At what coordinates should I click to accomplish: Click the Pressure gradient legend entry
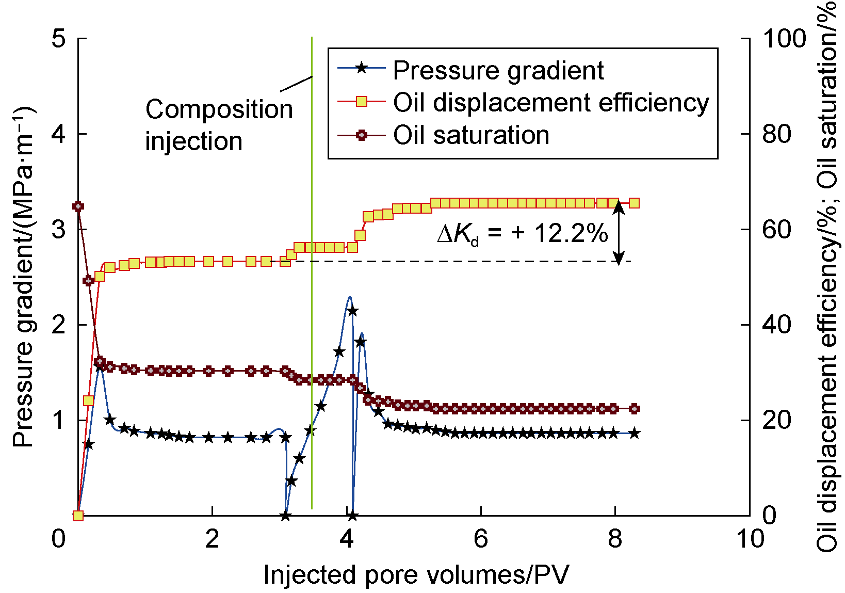[498, 70]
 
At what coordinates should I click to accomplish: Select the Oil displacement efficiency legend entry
[550, 102]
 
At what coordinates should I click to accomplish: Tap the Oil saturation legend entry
[470, 135]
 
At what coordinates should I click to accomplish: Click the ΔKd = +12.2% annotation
[523, 234]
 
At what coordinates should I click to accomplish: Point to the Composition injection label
[219, 125]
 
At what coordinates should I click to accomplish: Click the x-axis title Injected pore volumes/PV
[416, 575]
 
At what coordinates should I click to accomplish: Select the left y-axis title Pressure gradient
[23, 277]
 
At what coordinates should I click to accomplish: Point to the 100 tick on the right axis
[784, 39]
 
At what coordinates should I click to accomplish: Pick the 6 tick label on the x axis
[481, 539]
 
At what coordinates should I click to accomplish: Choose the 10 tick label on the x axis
[750, 539]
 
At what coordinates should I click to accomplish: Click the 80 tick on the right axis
[776, 134]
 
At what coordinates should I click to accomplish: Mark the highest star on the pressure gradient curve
[352, 311]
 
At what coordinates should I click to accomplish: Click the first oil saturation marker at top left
[78, 206]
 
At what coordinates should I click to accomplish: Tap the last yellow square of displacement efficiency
[635, 203]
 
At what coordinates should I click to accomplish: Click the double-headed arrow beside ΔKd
[619, 232]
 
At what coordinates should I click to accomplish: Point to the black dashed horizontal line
[464, 262]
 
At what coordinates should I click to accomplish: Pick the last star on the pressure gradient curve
[635, 434]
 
